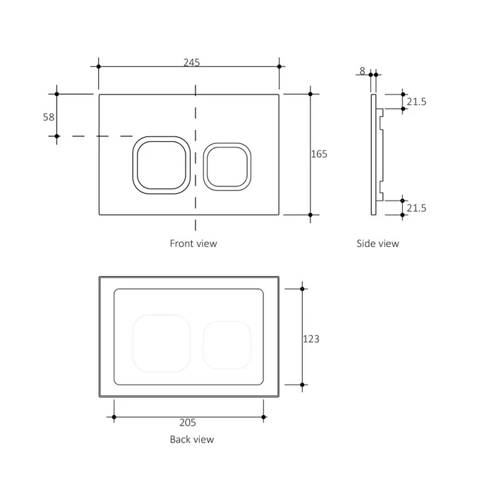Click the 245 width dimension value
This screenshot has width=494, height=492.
191,62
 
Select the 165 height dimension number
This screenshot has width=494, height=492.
319,153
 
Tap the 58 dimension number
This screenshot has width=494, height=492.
49,117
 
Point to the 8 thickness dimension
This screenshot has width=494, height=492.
362,71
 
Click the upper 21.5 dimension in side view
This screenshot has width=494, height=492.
416,102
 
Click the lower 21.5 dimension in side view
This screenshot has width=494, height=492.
416,208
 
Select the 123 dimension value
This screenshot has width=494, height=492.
311,339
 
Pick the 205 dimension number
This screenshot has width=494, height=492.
188,423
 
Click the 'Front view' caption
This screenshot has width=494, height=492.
193,244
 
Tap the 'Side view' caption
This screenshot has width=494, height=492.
378,244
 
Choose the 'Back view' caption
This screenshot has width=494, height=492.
191,439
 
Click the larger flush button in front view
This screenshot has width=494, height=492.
160,163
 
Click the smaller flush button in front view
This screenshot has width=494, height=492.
227,166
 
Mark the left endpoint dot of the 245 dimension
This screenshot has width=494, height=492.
99,67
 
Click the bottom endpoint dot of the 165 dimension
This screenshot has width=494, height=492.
310,214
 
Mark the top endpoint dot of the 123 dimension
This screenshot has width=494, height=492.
303,289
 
